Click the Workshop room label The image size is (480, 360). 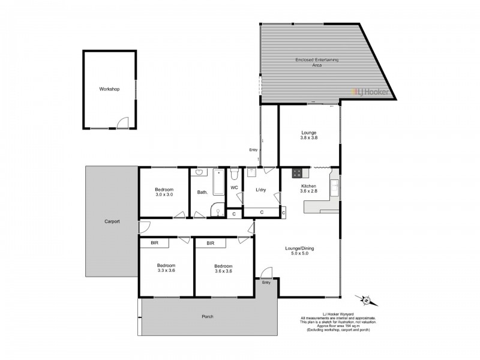tap(110, 89)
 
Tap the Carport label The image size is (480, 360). tap(110, 221)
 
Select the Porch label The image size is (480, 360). tap(207, 316)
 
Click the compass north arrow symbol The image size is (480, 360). tap(365, 298)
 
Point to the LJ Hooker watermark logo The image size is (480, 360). tap(370, 92)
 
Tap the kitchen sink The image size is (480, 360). tap(334, 186)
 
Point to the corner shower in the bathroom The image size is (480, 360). tap(217, 209)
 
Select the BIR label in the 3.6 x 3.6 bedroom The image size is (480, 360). tap(211, 244)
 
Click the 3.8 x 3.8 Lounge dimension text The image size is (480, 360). tap(308, 138)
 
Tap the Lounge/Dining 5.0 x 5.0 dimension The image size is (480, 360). tap(299, 254)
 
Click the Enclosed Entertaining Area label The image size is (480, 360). tap(308, 62)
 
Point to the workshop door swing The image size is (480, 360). tap(123, 122)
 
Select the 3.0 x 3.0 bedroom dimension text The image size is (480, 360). tap(164, 194)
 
